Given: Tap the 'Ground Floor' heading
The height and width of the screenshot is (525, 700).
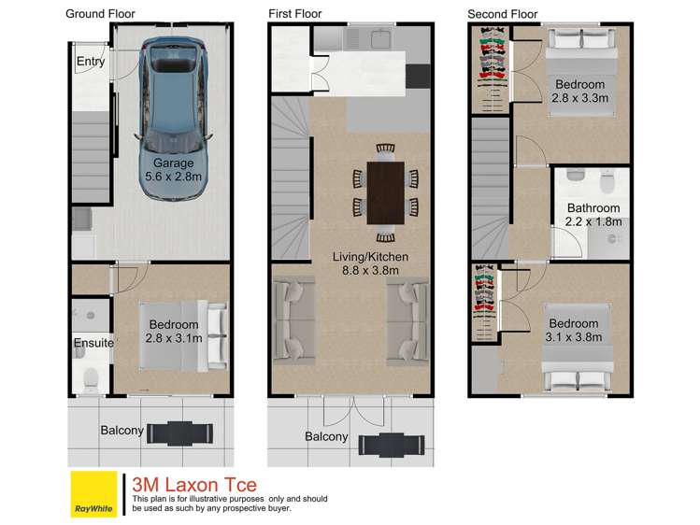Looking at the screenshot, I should coord(100,14).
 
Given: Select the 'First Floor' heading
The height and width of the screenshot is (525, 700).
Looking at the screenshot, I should coord(296,14).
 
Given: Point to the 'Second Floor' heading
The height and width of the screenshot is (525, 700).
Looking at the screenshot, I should coord(503,14).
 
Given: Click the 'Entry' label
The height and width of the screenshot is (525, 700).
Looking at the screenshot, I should coord(91,62).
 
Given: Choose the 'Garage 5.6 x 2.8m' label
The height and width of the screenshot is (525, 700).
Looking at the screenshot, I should coord(169,169).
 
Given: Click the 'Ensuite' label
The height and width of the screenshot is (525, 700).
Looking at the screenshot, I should coord(93,343).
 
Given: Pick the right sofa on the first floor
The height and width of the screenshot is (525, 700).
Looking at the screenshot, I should coord(408,320).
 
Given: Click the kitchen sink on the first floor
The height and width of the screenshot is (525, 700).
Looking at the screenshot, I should coord(379,38).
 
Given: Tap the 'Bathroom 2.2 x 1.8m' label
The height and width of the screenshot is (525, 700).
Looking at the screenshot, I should coord(593,215).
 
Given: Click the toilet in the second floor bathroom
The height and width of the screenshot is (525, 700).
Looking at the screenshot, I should coord(577,176).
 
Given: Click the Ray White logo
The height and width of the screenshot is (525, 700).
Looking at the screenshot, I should coord(93,493).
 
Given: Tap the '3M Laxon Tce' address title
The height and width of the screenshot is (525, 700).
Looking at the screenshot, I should coord(194,485).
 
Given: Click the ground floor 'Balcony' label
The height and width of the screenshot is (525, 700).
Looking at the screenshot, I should coord(122,431).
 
